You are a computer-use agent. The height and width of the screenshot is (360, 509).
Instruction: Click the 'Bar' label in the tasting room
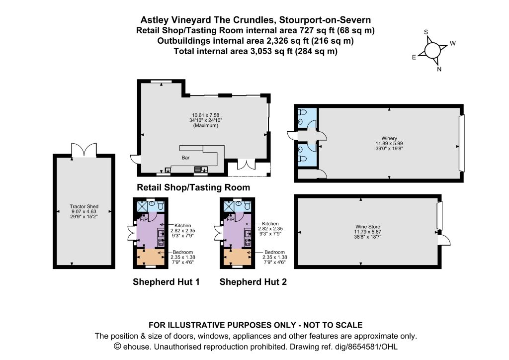(x=185, y=158)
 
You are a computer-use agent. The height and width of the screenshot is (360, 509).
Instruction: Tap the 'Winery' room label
(x=389, y=138)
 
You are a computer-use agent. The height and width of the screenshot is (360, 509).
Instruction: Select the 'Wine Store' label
(x=367, y=227)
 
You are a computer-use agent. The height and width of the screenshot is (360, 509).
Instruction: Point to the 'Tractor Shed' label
(x=84, y=206)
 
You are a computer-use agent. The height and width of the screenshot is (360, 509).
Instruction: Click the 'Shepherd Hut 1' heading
(x=166, y=282)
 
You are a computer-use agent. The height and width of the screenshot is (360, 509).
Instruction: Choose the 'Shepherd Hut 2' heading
(x=253, y=282)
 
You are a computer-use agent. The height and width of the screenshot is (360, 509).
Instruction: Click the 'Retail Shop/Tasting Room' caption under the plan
(x=193, y=187)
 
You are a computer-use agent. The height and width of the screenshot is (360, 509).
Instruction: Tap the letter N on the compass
(x=439, y=69)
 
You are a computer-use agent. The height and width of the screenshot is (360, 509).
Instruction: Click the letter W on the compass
(x=452, y=43)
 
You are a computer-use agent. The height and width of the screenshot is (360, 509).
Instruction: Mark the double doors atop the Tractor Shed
(x=84, y=150)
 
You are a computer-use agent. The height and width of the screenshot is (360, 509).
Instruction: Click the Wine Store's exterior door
(x=444, y=241)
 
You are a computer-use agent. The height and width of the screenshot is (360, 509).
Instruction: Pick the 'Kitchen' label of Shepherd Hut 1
(x=183, y=226)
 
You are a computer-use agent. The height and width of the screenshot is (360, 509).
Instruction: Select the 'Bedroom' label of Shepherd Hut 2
(x=274, y=252)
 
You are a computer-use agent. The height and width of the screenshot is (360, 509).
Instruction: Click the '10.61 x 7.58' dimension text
(x=206, y=115)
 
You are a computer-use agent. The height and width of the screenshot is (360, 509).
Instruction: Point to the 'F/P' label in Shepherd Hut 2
(x=231, y=220)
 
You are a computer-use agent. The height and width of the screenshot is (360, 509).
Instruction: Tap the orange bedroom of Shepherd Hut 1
(x=150, y=257)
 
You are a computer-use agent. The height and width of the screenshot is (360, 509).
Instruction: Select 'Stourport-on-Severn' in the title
(x=325, y=20)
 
